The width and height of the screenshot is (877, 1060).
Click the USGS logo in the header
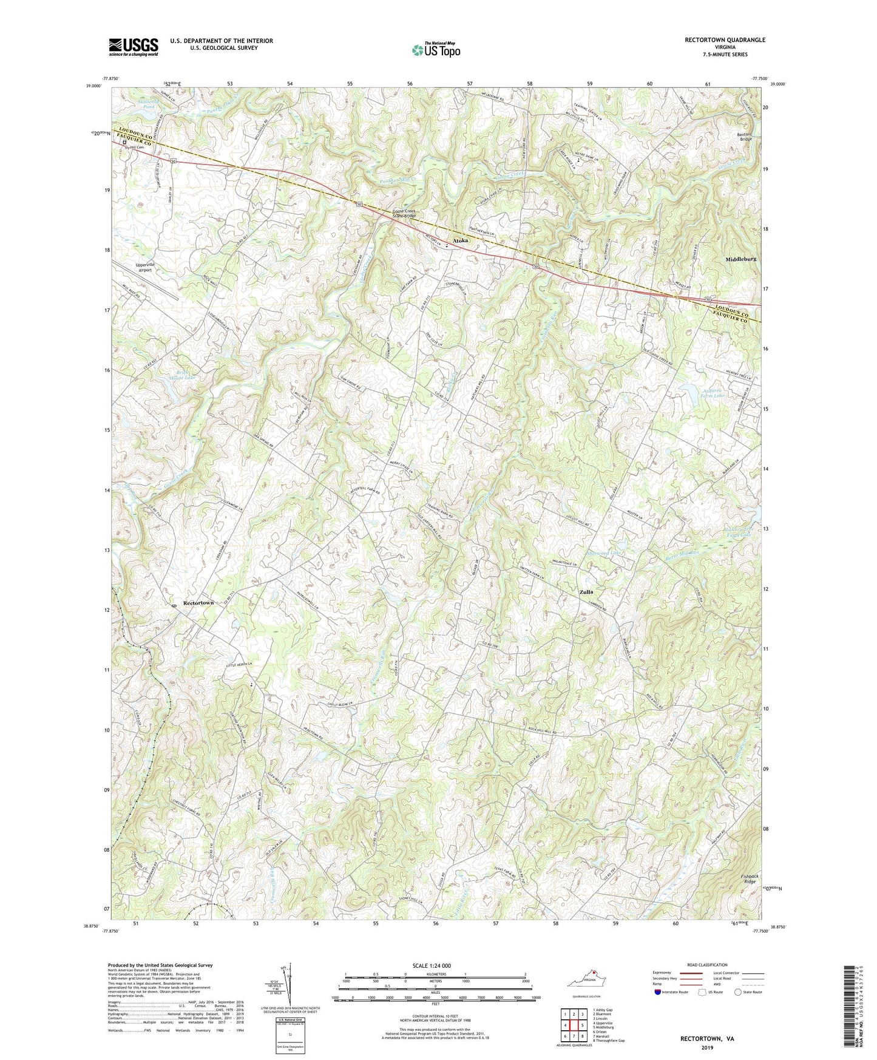pyautogui.click(x=134, y=46)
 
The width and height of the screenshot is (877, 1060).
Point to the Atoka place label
pyautogui.click(x=461, y=241)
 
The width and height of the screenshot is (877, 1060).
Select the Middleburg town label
pyautogui.click(x=740, y=259)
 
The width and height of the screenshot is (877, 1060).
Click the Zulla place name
pyautogui.click(x=586, y=591)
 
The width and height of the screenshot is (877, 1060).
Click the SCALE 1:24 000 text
pyautogui.click(x=436, y=965)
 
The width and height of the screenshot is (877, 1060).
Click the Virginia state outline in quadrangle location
pyautogui.click(x=582, y=981)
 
